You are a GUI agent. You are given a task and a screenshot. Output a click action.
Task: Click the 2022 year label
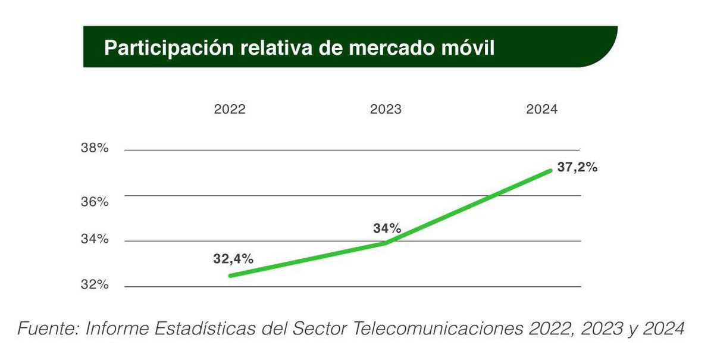click(229, 110)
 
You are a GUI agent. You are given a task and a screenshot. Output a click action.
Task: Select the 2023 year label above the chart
click(386, 110)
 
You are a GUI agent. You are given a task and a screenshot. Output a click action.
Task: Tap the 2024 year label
click(541, 110)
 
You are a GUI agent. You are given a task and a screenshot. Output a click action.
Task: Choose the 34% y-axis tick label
click(95, 239)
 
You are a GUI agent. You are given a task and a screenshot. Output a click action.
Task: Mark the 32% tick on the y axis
click(95, 285)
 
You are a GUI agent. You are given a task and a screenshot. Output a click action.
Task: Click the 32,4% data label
click(233, 259)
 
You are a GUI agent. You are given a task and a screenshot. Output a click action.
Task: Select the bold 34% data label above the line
click(387, 228)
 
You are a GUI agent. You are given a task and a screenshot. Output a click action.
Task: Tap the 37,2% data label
click(577, 168)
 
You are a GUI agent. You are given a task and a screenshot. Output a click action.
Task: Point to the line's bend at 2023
click(386, 243)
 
